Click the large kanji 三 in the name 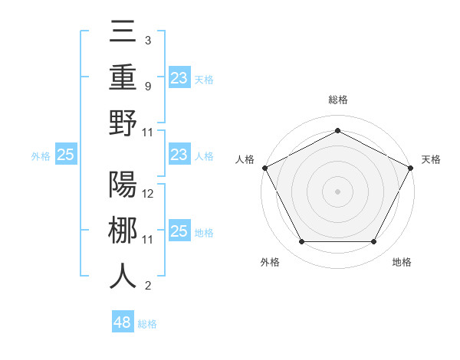123,32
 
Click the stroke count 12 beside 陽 149,194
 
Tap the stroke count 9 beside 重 147,86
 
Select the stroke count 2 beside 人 147,286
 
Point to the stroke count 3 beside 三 147,40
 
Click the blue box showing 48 123,322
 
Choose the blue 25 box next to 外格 65,155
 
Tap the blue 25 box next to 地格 179,231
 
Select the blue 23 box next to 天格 179,77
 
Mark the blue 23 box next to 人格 179,155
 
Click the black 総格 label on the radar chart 337,100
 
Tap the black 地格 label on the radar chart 402,262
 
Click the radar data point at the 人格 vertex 264,167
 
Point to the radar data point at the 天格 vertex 411,167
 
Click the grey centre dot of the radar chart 337,191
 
